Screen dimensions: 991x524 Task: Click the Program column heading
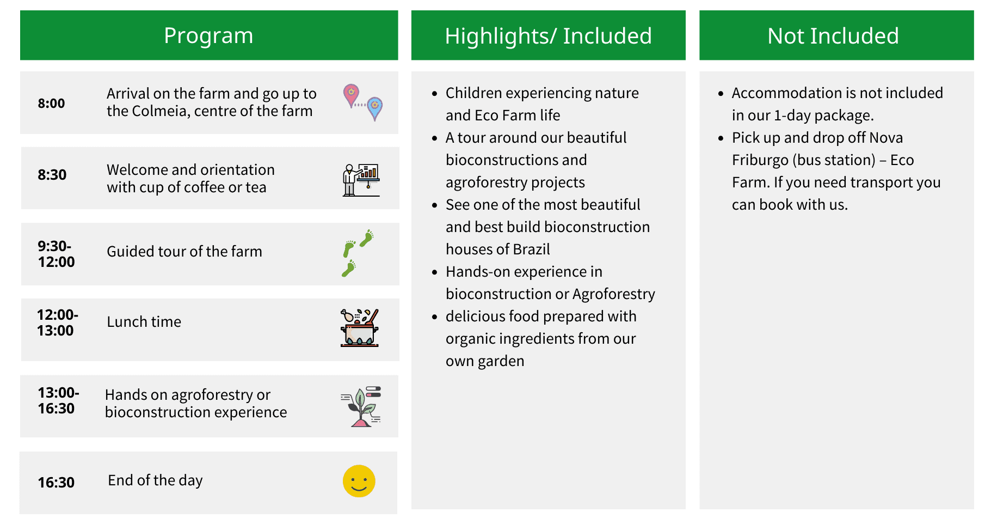click(x=208, y=36)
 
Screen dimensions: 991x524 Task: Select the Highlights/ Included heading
click(x=548, y=36)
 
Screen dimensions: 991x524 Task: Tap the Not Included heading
click(x=833, y=36)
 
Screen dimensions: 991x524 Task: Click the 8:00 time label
click(x=51, y=103)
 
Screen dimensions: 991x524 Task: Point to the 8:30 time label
click(x=52, y=175)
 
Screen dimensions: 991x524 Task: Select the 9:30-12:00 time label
click(x=57, y=254)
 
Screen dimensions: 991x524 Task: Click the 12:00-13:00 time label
click(x=58, y=322)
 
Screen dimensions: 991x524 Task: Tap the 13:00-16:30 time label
click(x=58, y=400)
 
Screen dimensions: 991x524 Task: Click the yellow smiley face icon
click(x=359, y=481)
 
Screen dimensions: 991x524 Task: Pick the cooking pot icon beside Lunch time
click(x=359, y=328)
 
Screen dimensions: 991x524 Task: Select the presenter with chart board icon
click(x=361, y=180)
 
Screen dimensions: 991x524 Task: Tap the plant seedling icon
click(x=360, y=406)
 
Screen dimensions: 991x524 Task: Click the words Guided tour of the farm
click(x=184, y=252)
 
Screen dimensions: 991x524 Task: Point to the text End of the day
click(x=155, y=480)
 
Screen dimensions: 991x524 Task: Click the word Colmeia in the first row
click(x=161, y=111)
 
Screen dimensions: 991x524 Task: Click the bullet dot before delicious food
click(x=434, y=317)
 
